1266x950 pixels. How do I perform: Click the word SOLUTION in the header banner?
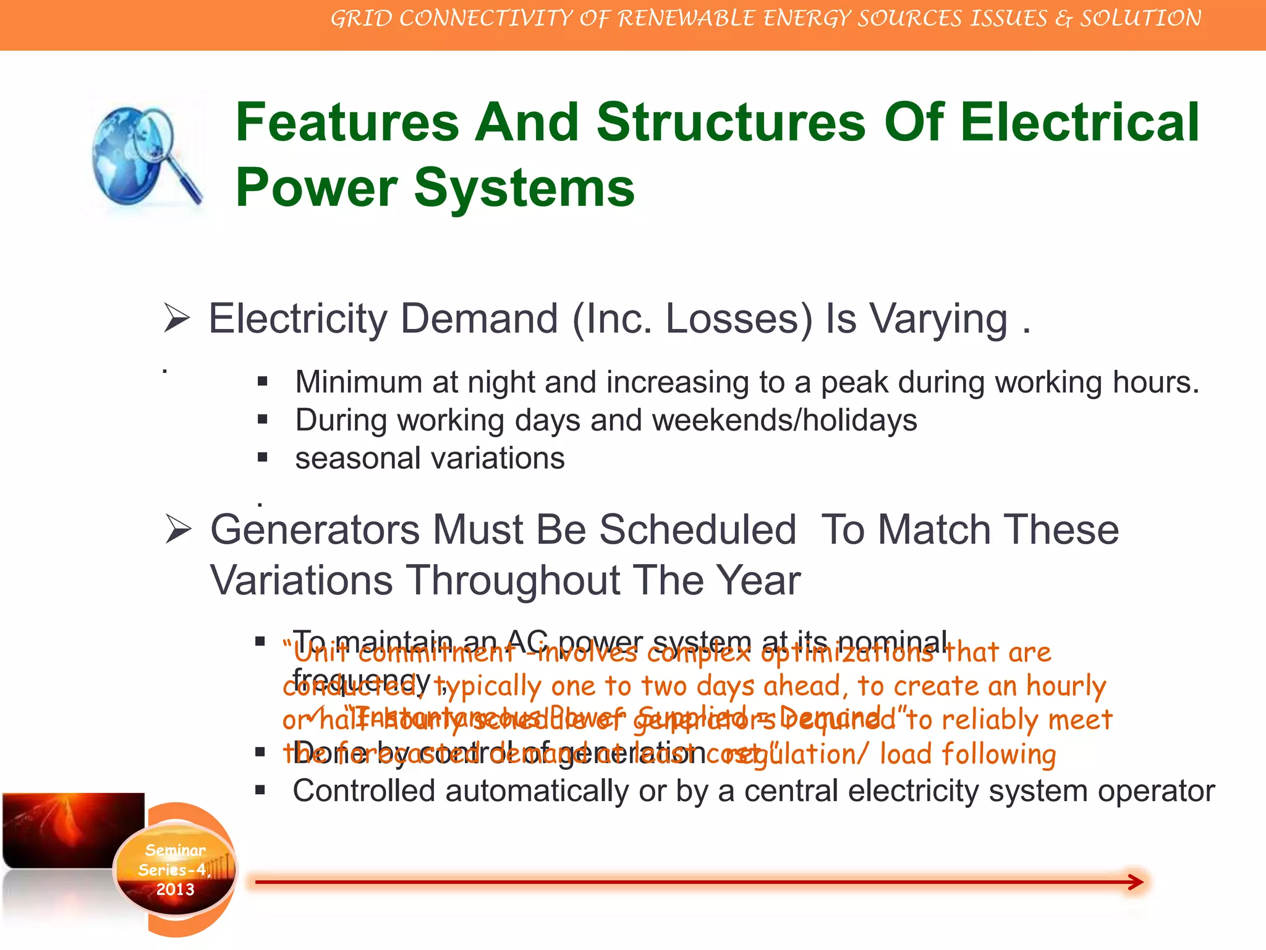pyautogui.click(x=1141, y=19)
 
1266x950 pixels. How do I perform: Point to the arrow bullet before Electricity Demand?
pyautogui.click(x=177, y=319)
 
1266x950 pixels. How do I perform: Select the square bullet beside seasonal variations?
pyautogui.click(x=263, y=458)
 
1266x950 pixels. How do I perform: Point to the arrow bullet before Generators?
pyautogui.click(x=179, y=530)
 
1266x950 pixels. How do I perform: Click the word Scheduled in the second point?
pyautogui.click(x=697, y=530)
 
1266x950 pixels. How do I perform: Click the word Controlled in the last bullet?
pyautogui.click(x=363, y=791)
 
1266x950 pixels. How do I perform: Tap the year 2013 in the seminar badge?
pyautogui.click(x=175, y=889)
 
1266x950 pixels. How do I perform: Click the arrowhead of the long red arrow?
pyautogui.click(x=1135, y=882)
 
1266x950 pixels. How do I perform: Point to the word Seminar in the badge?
pyautogui.click(x=175, y=850)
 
